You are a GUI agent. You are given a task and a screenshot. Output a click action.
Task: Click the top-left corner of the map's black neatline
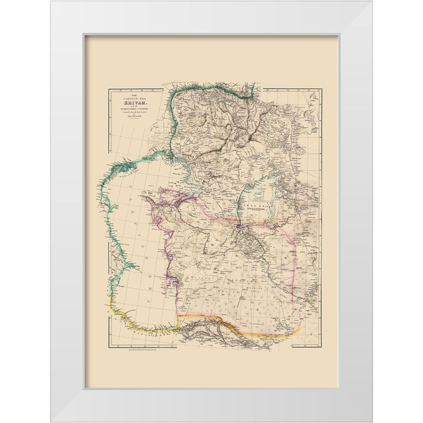(x=109, y=89)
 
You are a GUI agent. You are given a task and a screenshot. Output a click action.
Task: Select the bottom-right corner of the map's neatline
(x=321, y=346)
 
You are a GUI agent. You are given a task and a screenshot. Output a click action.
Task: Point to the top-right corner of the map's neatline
(x=321, y=89)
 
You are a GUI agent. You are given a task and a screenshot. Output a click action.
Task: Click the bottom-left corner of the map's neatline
(x=109, y=346)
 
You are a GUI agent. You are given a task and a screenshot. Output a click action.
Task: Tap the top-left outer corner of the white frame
(x=50, y=1)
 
